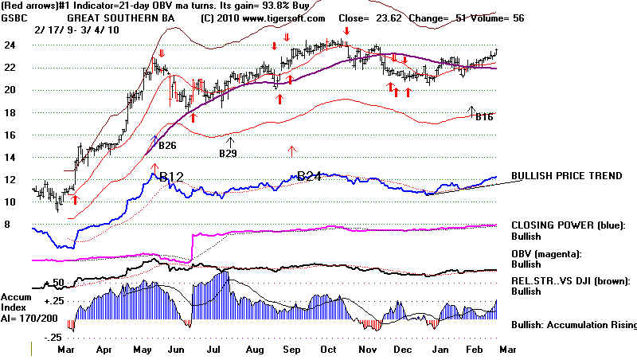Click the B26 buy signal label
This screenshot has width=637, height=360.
click(x=167, y=146)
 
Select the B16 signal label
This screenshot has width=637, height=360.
click(x=484, y=117)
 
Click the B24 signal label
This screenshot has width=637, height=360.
click(x=308, y=177)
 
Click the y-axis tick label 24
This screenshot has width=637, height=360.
click(x=11, y=45)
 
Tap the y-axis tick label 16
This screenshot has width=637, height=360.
click(x=11, y=135)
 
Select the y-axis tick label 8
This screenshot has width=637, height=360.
click(x=8, y=225)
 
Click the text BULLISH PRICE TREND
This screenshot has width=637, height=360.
click(x=567, y=175)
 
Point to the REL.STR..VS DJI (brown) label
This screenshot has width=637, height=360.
click(x=572, y=280)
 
